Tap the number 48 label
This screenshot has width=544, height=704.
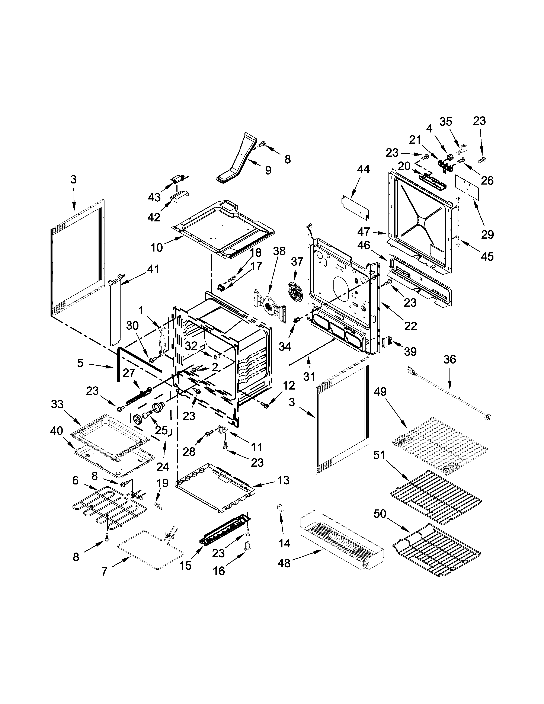pos(284,563)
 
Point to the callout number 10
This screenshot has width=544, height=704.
pos(157,247)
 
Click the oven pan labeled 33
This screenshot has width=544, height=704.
pos(110,435)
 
